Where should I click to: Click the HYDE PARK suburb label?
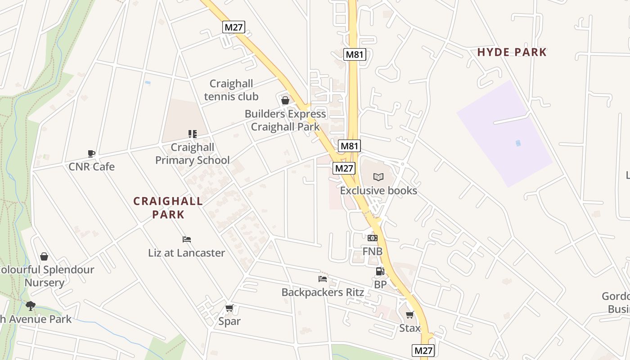tap(512, 52)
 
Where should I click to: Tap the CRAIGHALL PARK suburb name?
tap(168, 208)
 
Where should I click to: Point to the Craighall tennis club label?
tap(231, 90)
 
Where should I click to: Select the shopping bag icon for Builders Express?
tap(285, 100)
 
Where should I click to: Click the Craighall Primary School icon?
tap(193, 134)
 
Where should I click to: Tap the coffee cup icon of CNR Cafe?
tap(91, 153)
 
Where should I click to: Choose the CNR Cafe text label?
tap(91, 167)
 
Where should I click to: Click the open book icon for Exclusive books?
tap(378, 177)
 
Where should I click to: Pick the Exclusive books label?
tap(378, 191)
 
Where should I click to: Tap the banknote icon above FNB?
tap(372, 238)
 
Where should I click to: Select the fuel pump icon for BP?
tap(380, 271)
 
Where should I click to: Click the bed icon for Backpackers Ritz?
tap(323, 279)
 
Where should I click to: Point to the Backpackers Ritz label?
tap(323, 292)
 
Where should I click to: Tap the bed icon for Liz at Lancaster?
tap(187, 239)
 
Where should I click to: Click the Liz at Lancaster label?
tap(187, 253)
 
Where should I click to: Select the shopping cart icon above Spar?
tap(229, 308)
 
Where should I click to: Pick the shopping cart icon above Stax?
tap(409, 315)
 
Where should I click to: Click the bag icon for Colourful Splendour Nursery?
tap(44, 256)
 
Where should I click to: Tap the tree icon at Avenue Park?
tap(30, 306)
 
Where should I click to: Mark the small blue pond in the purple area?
tap(518, 143)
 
